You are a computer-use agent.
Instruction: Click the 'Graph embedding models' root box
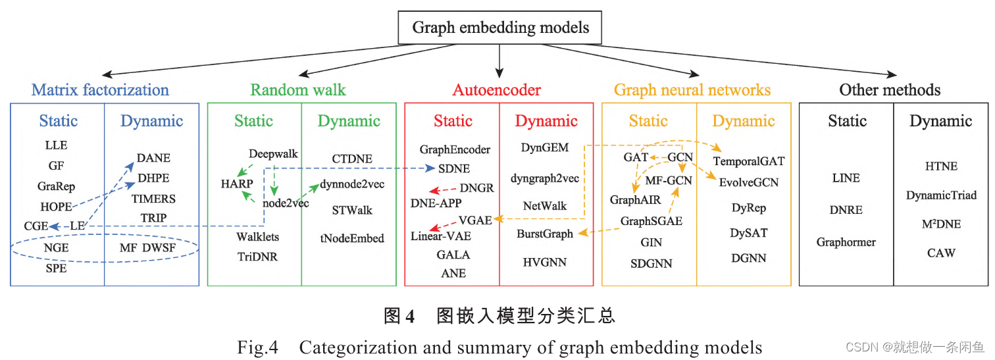pos(500,28)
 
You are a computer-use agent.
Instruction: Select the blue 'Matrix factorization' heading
pos(100,90)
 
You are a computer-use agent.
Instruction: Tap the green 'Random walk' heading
pos(298,90)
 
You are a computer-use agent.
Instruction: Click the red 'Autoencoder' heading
pos(497,90)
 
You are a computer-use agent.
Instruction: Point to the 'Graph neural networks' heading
pos(692,90)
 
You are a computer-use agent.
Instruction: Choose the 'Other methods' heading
pos(890,90)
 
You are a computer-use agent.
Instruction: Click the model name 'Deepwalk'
pos(273,154)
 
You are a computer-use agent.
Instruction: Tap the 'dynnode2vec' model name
pos(352,184)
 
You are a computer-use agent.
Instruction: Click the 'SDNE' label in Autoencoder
pos(454,168)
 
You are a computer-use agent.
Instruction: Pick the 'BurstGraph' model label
pos(544,234)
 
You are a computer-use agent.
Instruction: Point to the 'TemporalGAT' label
pos(749,161)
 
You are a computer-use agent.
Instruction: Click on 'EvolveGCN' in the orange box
pos(749,182)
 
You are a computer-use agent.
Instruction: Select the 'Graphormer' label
pos(846,242)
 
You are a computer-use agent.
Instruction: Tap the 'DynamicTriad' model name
pos(941,195)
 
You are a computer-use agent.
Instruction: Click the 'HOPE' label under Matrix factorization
pos(56,207)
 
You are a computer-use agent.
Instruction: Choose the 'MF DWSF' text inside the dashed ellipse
pos(148,248)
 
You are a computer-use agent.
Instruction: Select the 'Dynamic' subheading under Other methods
pos(941,121)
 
